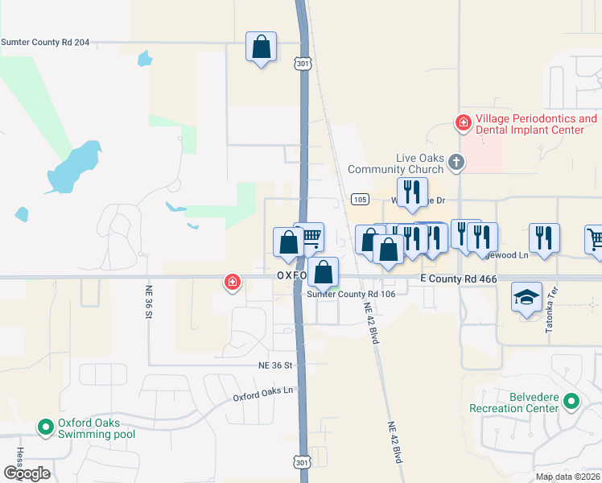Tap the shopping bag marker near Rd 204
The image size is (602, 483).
pos(262,47)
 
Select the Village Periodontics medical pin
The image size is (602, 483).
pos(463,123)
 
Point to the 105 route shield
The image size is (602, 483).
pos(361,199)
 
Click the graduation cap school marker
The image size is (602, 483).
pos(526,297)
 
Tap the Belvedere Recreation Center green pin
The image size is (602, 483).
pos(571,400)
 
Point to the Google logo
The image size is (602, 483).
pos(27,473)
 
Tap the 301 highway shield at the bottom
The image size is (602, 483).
pos(300,461)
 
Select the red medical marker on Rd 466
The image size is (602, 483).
pos(233,282)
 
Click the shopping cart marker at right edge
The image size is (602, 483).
pos(594,238)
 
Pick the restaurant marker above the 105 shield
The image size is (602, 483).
pos(412,192)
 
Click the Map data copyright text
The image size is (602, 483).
pos(567,477)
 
